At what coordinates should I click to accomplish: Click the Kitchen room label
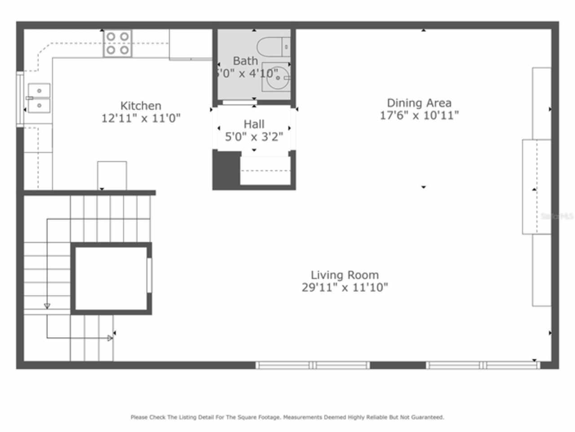tap(141, 106)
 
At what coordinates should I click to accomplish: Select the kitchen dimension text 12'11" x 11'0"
tap(141, 118)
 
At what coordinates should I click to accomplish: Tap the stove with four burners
tap(118, 43)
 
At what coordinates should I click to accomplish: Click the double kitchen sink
tap(39, 98)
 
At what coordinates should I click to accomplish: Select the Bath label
tap(245, 61)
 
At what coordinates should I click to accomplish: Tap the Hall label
tap(254, 124)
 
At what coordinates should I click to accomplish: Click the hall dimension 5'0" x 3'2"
tap(254, 137)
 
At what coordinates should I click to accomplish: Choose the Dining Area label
tap(419, 103)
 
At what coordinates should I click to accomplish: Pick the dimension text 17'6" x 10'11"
tap(419, 116)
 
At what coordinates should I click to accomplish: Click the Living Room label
tap(345, 275)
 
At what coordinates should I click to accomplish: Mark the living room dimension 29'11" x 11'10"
tap(345, 288)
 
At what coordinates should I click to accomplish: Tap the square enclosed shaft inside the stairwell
tap(111, 278)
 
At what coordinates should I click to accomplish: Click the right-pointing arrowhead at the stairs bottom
tap(110, 338)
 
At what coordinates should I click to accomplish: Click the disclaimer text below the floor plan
tap(287, 417)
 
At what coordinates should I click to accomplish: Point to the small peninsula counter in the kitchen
tap(112, 175)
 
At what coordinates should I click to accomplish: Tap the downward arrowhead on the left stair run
tap(47, 306)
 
